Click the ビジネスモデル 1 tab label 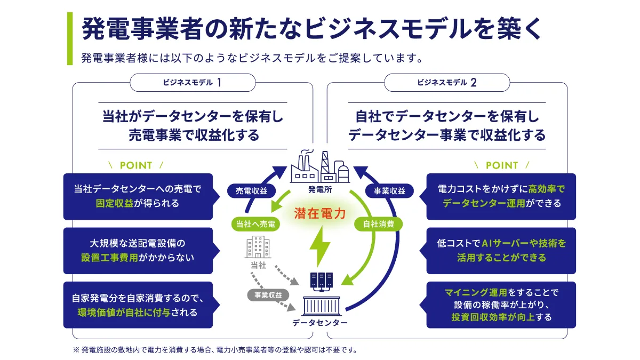coord(193,83)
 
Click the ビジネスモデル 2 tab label coord(447,83)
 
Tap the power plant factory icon coord(319,166)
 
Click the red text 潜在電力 coord(320,214)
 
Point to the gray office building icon coord(258,248)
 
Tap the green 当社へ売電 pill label coord(255,224)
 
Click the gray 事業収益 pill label coord(268,294)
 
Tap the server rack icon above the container coord(321,281)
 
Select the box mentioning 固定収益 coord(138,196)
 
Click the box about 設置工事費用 coord(138,251)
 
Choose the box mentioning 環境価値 coord(138,305)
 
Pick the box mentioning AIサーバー coord(501,251)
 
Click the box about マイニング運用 coord(501,305)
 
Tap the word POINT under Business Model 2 coord(501,165)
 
